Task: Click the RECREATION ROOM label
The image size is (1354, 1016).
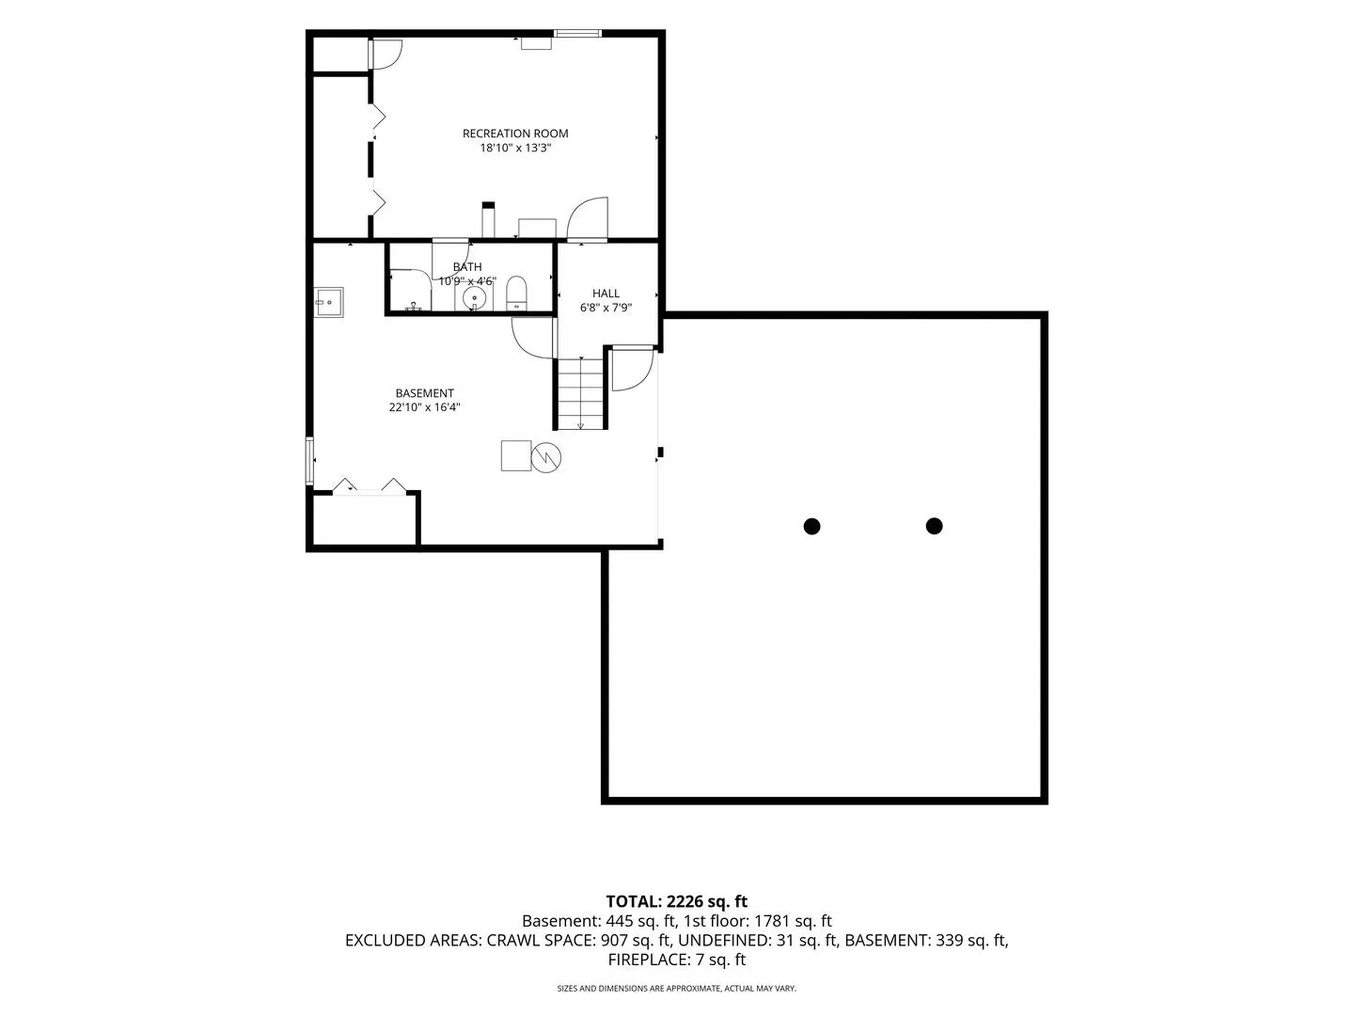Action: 515,134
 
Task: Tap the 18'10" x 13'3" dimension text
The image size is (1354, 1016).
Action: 515,148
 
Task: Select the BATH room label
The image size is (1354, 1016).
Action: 467,267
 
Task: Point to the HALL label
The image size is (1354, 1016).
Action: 606,294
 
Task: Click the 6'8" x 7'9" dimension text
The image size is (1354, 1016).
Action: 606,308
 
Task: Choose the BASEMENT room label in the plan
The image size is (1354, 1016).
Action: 424,393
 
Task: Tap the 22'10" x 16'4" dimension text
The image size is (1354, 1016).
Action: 424,407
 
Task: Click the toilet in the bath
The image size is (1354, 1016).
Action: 516,293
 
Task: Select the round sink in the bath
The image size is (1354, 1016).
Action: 474,298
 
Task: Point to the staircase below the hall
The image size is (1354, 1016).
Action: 580,393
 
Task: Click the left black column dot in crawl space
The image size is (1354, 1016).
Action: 811,526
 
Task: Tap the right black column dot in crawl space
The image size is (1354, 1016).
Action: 934,526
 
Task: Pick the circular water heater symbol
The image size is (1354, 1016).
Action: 546,458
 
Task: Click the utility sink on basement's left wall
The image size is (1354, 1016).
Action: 329,302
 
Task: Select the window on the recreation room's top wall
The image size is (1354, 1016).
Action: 577,33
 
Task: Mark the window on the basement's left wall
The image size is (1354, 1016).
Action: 310,461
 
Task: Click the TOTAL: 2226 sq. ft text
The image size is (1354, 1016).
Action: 677,902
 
